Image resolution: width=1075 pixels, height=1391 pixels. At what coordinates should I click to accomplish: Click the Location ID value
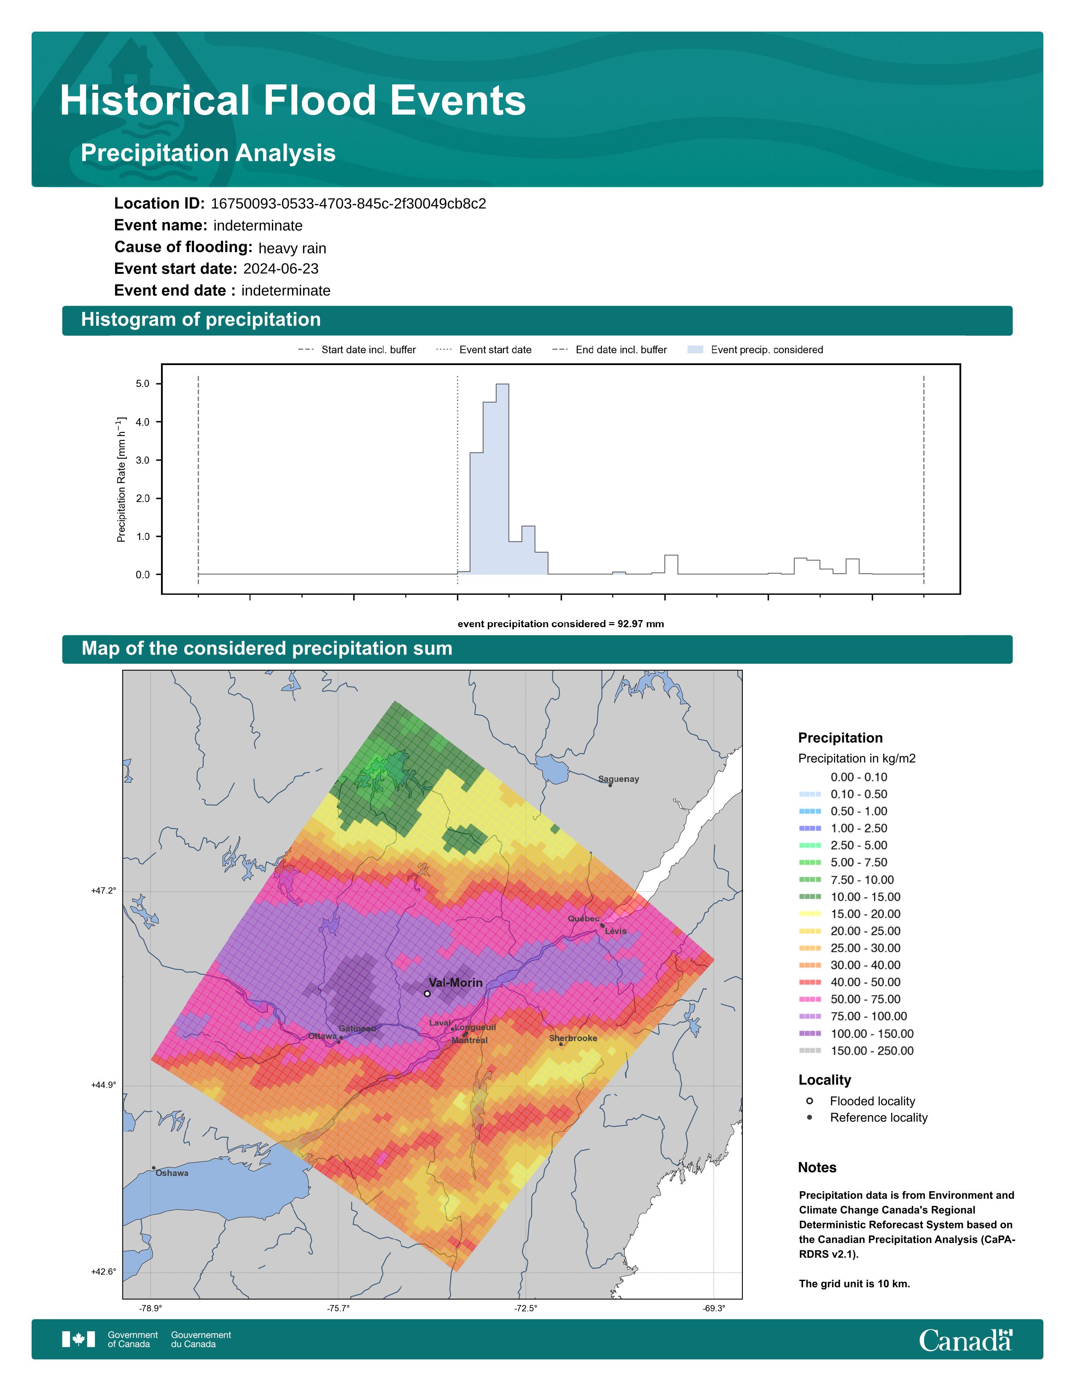[348, 204]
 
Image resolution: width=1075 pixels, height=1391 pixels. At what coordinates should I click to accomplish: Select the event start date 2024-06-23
[281, 269]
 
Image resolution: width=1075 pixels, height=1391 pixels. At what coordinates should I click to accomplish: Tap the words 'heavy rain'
[292, 248]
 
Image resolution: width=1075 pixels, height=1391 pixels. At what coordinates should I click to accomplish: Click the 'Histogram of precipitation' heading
[201, 320]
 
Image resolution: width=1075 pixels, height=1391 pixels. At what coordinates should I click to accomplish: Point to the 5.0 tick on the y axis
[142, 384]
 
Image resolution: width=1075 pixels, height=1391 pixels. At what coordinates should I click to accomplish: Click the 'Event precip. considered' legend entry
[755, 350]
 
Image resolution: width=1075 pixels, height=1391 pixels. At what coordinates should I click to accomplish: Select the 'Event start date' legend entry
[484, 350]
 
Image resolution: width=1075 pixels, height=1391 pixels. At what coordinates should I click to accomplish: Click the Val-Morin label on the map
[455, 983]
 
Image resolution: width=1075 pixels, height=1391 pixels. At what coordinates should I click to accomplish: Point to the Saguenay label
[618, 779]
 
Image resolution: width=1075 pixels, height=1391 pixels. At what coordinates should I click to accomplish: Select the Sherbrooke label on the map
[573, 1038]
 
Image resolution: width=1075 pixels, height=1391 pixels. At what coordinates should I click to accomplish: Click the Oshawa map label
[172, 1173]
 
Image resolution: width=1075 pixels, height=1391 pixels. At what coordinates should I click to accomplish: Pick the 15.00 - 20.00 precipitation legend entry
[849, 914]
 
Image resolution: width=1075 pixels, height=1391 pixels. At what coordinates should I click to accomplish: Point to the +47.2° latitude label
[104, 890]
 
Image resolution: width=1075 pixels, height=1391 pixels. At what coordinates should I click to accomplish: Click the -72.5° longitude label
[526, 1308]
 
